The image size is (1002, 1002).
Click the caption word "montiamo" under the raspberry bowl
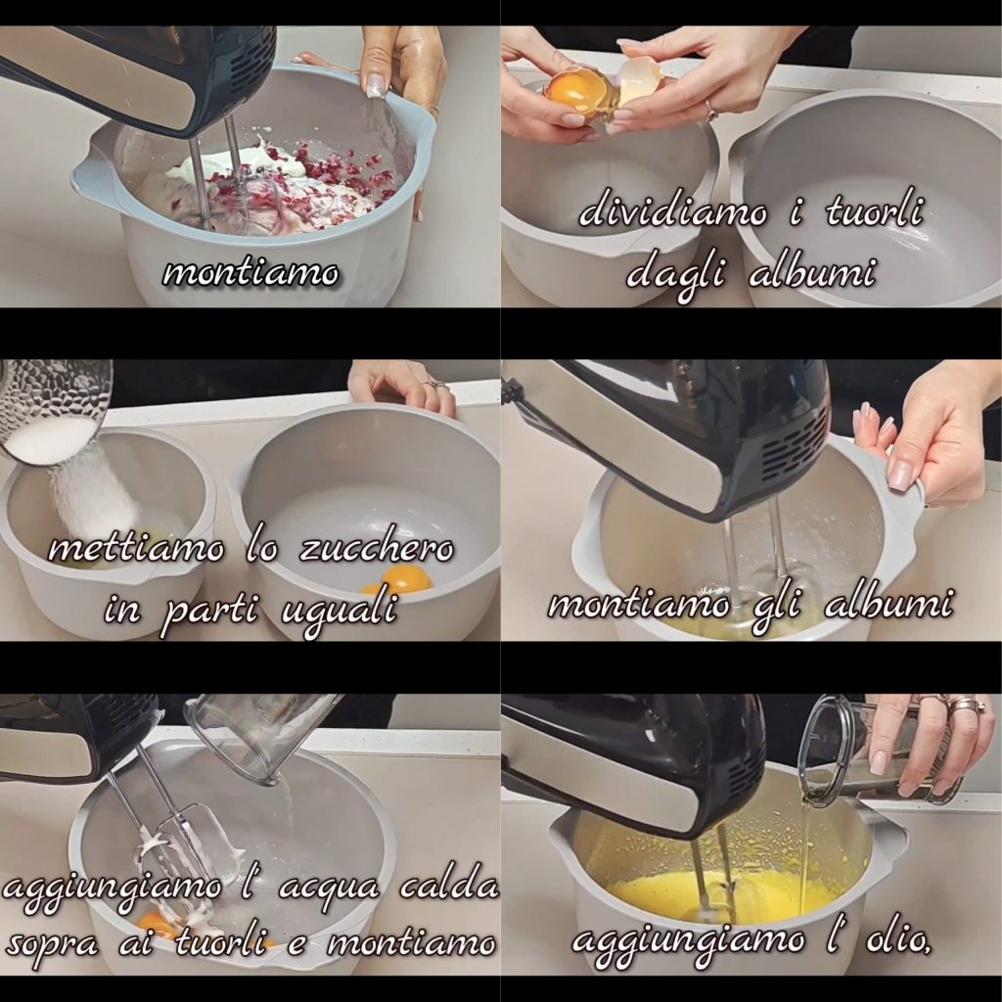[x=250, y=273]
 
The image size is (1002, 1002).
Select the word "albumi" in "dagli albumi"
[x=810, y=273]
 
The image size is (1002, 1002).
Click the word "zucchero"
[x=377, y=550]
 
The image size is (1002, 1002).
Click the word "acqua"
[x=328, y=890]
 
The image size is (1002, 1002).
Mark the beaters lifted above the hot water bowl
[x=179, y=824]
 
